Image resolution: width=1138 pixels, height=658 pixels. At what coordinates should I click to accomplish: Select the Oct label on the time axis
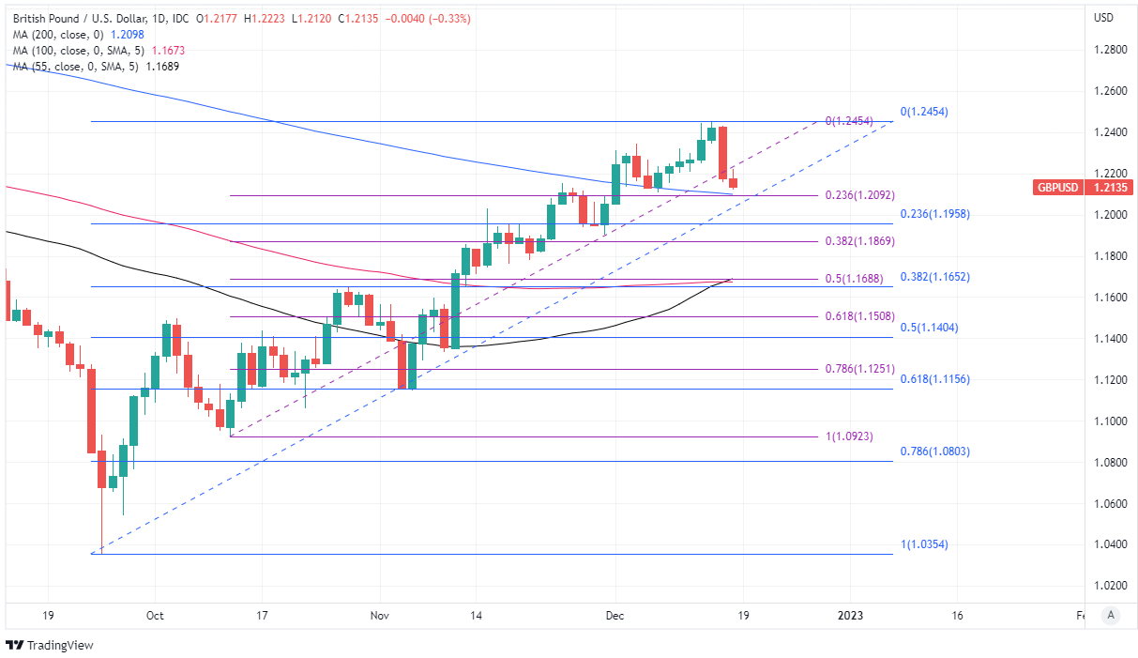(155, 616)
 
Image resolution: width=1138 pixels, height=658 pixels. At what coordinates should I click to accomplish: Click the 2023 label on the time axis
(850, 616)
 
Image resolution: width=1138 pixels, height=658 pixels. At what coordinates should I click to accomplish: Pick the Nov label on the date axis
(379, 616)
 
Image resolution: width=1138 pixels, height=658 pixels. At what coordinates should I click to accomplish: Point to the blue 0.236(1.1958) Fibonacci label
(934, 214)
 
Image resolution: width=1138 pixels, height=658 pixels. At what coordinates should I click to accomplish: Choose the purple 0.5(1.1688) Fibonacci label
(853, 279)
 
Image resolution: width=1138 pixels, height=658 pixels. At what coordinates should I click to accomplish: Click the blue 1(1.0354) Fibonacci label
(924, 544)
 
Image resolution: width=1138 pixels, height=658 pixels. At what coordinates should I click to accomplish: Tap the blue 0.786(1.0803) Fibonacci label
(934, 451)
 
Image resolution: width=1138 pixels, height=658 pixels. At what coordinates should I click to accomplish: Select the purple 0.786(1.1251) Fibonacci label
(857, 369)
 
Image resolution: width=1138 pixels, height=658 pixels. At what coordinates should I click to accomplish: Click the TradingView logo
(50, 645)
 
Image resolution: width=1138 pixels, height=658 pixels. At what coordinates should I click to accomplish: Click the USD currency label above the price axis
(1104, 18)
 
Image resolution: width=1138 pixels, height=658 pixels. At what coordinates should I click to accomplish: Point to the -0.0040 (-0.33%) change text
(436, 19)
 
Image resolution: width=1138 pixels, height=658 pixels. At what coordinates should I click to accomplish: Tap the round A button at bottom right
(1111, 615)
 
